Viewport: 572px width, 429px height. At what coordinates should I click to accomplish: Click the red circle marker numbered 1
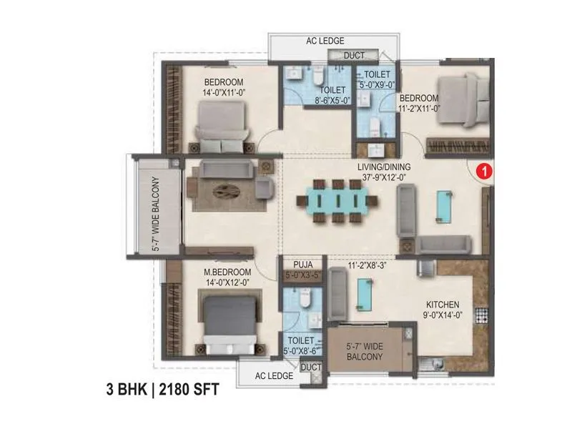tap(485, 172)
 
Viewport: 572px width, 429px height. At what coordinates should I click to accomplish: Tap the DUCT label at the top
tap(354, 56)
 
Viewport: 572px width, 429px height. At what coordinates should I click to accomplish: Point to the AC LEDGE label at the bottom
tap(265, 375)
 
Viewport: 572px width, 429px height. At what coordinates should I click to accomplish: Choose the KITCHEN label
tap(443, 305)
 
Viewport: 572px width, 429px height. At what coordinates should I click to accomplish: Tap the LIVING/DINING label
tap(383, 167)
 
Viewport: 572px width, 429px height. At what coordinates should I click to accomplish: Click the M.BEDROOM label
tap(227, 272)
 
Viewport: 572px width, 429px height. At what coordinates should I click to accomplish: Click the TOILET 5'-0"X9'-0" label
tap(376, 79)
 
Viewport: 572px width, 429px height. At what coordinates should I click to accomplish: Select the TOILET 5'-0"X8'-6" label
tap(299, 346)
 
